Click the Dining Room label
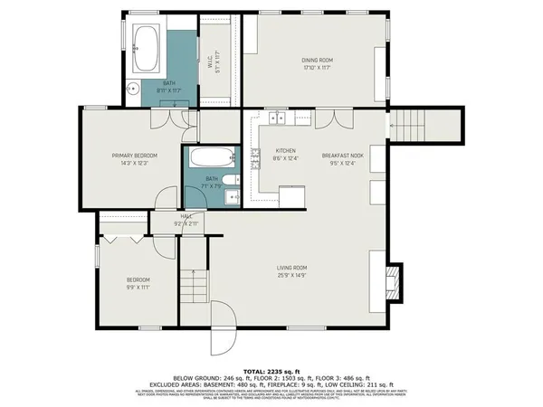pos(317,64)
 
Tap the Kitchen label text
pos(286,155)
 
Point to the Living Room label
pos(291,270)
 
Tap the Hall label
pos(186,219)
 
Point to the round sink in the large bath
pos(132,88)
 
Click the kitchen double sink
pos(274,118)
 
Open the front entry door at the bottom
pos(223,339)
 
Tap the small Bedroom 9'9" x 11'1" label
pos(138,283)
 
